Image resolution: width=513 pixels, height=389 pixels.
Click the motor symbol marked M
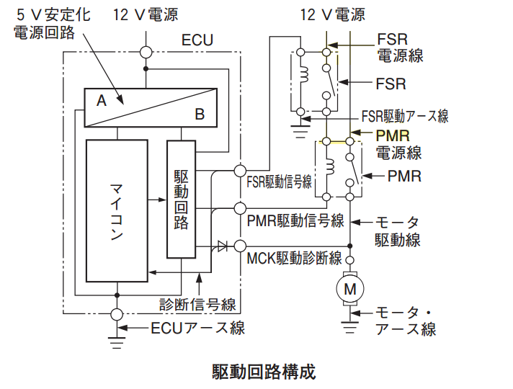pyautogui.click(x=349, y=289)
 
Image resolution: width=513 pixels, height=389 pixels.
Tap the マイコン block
pyautogui.click(x=117, y=210)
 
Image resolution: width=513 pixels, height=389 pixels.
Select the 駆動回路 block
pyautogui.click(x=182, y=200)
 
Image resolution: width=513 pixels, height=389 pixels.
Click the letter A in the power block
pyautogui.click(x=102, y=100)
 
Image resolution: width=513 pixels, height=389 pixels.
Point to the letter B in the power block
pyautogui.click(x=200, y=115)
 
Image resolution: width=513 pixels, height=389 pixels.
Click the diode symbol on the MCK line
pyautogui.click(x=222, y=246)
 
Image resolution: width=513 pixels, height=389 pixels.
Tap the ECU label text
pyautogui.click(x=197, y=40)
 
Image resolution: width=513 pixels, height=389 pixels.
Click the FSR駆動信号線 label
pyautogui.click(x=279, y=182)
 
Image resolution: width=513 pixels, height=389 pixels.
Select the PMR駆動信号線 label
pyautogui.click(x=295, y=220)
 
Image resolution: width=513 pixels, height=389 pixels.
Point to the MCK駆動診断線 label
pyautogui.click(x=294, y=258)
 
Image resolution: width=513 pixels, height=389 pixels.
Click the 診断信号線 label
pyautogui.click(x=197, y=304)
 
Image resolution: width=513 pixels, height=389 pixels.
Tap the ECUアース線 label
pyautogui.click(x=197, y=328)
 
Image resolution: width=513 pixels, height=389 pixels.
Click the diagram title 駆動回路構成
pyautogui.click(x=264, y=372)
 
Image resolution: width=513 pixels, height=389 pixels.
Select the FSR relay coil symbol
pyautogui.click(x=305, y=75)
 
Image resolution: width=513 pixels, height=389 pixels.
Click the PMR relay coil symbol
pyautogui.click(x=330, y=166)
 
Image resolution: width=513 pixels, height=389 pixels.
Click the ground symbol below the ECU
pyautogui.click(x=117, y=343)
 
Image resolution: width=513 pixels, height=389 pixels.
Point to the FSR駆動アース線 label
pyautogui.click(x=405, y=116)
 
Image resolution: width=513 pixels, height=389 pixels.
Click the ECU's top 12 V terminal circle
pyautogui.click(x=146, y=52)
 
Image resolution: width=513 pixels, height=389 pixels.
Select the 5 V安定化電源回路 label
pyautogui.click(x=52, y=24)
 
